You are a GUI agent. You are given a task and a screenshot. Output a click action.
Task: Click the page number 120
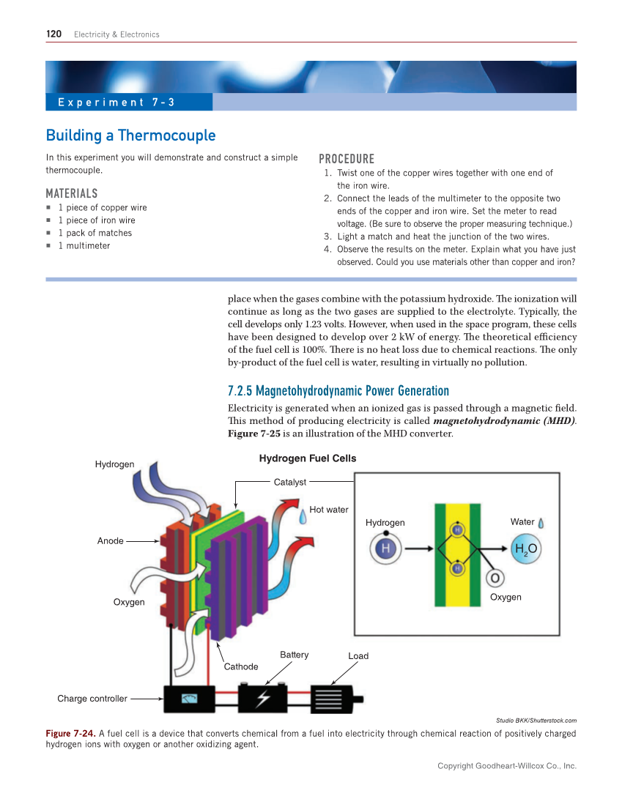(53, 34)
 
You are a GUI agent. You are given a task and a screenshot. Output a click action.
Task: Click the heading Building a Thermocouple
(130, 135)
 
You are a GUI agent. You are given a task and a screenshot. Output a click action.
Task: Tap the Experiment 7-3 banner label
(116, 103)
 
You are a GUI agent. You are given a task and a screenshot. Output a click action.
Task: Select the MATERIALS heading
(71, 193)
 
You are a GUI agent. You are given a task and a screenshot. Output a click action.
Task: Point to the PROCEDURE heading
(347, 159)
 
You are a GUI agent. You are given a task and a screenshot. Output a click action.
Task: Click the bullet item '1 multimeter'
(84, 245)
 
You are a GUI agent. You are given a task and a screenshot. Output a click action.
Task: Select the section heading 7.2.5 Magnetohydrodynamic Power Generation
(338, 390)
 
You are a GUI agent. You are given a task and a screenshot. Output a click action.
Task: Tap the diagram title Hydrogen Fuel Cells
(308, 458)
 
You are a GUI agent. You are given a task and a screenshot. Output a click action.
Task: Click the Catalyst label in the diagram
(289, 482)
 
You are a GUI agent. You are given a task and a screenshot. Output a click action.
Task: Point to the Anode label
(111, 540)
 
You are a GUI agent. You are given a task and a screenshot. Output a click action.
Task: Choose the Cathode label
(241, 666)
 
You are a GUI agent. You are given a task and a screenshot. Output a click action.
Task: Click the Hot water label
(329, 510)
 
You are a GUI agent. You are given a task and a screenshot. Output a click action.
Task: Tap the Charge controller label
(92, 699)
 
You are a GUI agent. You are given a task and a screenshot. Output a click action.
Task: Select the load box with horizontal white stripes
(333, 699)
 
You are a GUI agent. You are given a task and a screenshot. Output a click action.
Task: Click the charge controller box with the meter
(188, 699)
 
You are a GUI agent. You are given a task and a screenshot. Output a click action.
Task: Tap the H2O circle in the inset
(526, 548)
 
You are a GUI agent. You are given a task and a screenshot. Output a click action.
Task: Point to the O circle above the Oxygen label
(495, 578)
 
